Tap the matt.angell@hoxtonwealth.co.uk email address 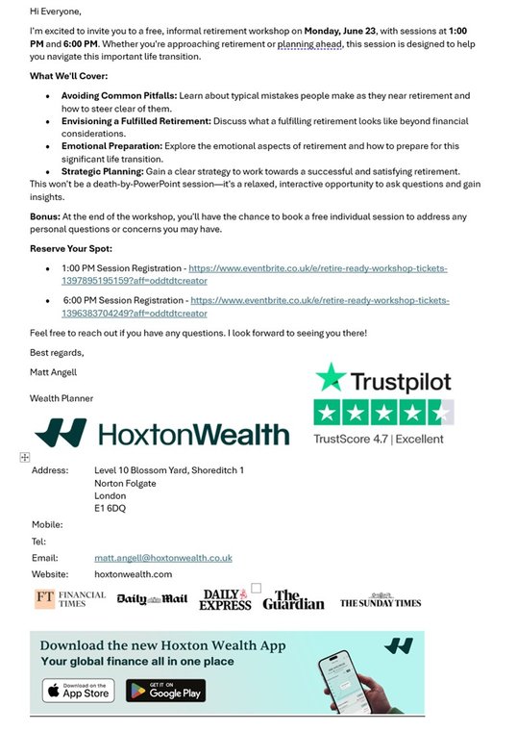tap(162, 558)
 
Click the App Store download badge tap(78, 691)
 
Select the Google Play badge tap(165, 691)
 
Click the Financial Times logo tap(70, 599)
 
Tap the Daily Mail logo tap(152, 600)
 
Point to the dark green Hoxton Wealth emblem tap(61, 434)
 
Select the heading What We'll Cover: tap(68, 76)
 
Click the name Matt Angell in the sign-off tap(54, 371)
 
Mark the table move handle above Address tap(25, 457)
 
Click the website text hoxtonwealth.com tap(133, 574)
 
